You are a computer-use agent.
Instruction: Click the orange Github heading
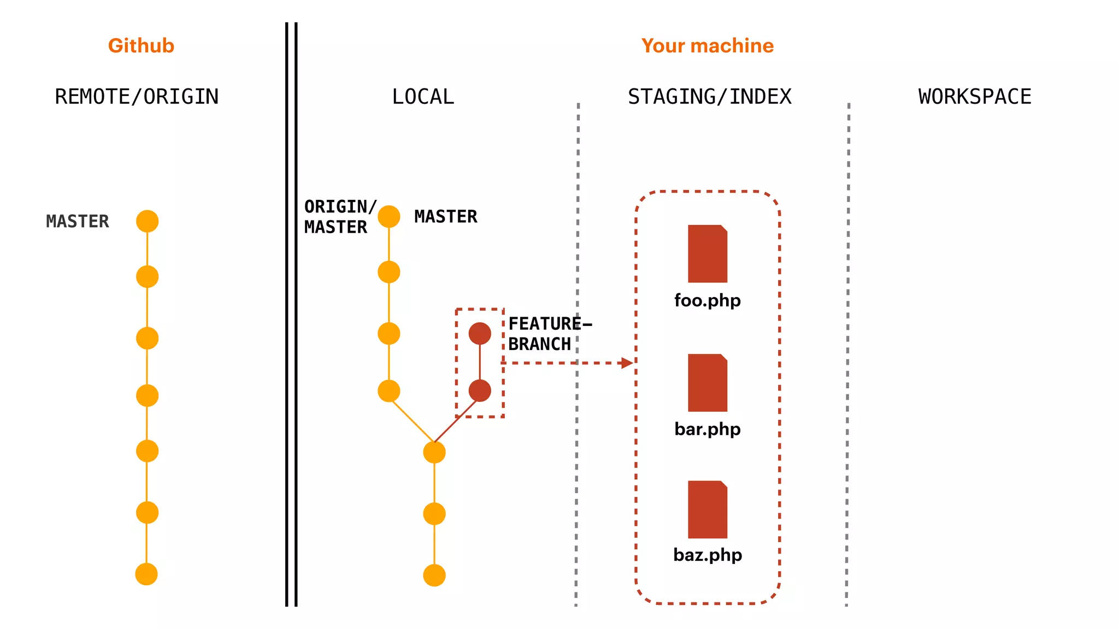click(x=141, y=46)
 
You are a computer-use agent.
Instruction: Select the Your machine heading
click(x=707, y=46)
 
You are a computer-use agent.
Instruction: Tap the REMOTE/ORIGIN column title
click(x=137, y=97)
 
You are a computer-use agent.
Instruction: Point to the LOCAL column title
click(x=423, y=97)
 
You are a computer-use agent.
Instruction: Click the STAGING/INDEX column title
click(x=709, y=97)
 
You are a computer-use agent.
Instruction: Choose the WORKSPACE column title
click(x=975, y=97)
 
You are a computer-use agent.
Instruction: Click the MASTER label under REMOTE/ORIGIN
click(x=78, y=221)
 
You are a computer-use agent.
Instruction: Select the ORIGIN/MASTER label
click(x=339, y=217)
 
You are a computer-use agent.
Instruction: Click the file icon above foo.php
click(x=708, y=254)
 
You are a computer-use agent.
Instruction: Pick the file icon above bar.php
click(x=708, y=383)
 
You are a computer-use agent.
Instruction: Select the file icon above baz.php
click(x=708, y=509)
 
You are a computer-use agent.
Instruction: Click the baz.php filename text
click(x=708, y=555)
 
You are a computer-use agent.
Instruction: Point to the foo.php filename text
click(x=708, y=300)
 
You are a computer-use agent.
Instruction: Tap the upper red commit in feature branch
click(x=480, y=333)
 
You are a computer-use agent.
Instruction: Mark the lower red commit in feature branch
click(x=480, y=391)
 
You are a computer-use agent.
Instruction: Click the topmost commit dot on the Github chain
click(x=147, y=221)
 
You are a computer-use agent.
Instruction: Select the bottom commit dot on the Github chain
click(x=146, y=574)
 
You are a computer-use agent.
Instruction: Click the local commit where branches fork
click(x=434, y=452)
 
